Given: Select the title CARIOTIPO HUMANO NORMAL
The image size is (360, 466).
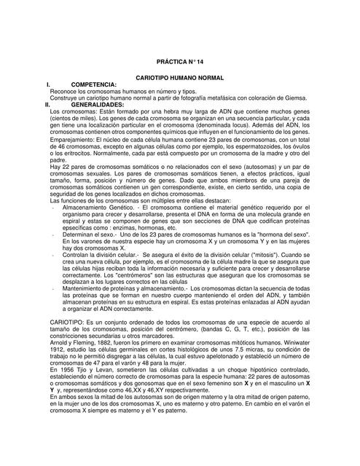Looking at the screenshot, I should pos(180,76).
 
